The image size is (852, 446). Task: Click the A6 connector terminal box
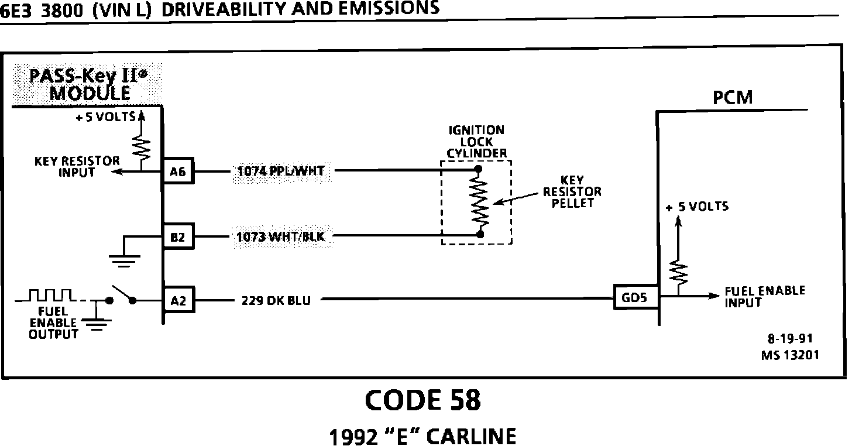coord(177,171)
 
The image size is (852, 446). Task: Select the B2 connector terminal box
coord(177,237)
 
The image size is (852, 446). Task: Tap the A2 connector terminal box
coord(177,301)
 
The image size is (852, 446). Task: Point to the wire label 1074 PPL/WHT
coord(280,171)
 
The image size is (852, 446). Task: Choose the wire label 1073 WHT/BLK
coord(280,237)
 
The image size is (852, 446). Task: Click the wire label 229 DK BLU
coord(276,301)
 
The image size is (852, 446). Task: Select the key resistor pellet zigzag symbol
coord(480,201)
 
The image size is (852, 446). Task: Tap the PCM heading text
coord(732,98)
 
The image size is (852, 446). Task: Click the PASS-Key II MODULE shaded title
coord(88,84)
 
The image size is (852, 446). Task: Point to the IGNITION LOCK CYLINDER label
coord(476,142)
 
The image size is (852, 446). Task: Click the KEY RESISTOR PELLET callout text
coord(572,191)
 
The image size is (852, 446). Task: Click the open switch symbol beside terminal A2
coord(121,296)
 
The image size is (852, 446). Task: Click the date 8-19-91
coord(789,339)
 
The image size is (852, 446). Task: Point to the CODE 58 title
coord(422,400)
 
